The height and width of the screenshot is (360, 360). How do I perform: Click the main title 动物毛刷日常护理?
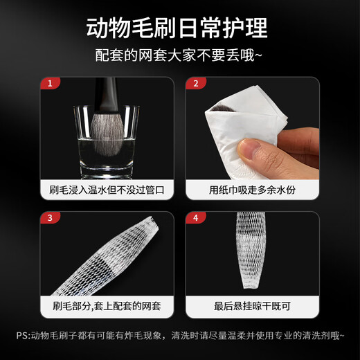(179, 28)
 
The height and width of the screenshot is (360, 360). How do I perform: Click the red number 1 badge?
(50, 84)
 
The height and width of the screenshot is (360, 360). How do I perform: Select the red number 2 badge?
(195, 84)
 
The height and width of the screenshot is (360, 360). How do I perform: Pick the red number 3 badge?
(50, 218)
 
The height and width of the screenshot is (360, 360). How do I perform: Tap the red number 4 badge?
(195, 218)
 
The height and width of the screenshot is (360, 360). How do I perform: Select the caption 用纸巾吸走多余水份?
(252, 189)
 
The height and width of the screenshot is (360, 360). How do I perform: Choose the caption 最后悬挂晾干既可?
(252, 323)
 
